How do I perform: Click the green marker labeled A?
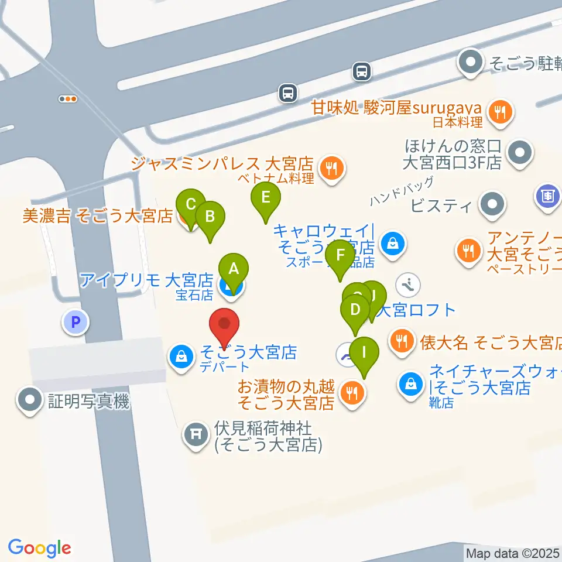(x=234, y=269)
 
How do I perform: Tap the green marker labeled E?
(x=266, y=197)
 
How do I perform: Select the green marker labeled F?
(x=340, y=255)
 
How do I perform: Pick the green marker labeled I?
(x=364, y=353)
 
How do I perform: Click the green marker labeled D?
(x=355, y=309)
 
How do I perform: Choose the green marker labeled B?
(x=210, y=217)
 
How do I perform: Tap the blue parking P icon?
(x=75, y=321)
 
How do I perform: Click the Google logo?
(x=40, y=548)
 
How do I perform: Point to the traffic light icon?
(x=68, y=99)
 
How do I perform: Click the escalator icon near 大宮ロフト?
(x=409, y=285)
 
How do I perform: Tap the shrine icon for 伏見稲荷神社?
(x=195, y=434)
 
